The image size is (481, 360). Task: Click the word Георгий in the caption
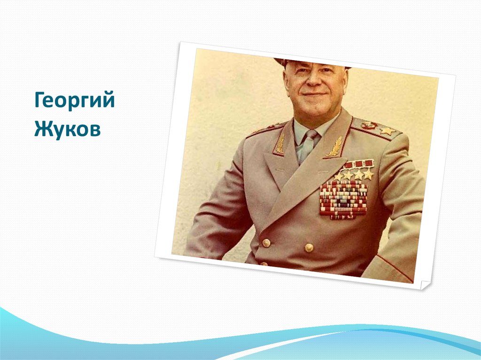pos(74,101)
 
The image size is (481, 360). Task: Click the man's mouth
pos(314,96)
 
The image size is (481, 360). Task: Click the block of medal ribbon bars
pos(343,199)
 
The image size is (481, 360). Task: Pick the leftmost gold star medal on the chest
pos(338,176)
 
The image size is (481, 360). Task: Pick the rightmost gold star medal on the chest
pos(369,174)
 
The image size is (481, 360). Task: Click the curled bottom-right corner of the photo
pos(424,285)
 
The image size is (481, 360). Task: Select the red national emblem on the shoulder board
pos(370,125)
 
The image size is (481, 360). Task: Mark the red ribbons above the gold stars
pos(359,164)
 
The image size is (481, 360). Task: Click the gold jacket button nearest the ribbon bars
pos(309,247)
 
